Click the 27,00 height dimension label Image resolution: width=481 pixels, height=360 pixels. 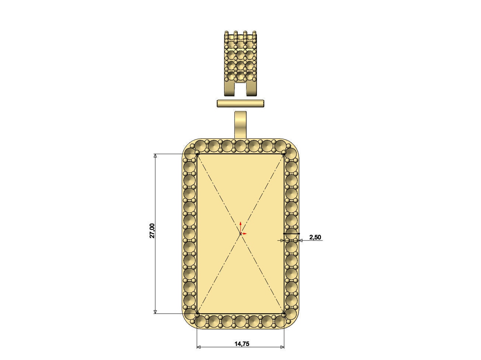point(152,231)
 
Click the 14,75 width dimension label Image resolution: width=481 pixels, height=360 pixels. point(242,344)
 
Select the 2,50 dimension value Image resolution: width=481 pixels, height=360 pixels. point(315,237)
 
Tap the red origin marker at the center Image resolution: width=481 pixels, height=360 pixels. point(240,233)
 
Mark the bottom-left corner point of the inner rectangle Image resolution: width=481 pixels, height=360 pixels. point(197,314)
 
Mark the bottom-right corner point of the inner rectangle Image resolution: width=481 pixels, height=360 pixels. point(284,314)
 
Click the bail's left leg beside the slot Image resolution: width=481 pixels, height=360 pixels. point(229,89)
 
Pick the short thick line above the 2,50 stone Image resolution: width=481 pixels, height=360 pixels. point(291,233)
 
